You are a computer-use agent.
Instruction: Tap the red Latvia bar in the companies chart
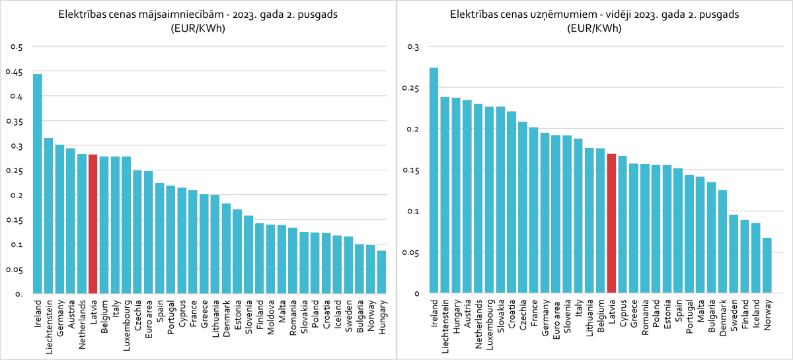pos(611,224)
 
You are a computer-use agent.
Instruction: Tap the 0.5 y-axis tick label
pos(17,47)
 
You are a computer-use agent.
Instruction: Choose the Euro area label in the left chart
pos(149,319)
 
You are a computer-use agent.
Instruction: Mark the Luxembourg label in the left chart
pos(127,323)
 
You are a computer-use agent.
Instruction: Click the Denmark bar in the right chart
pos(722,242)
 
